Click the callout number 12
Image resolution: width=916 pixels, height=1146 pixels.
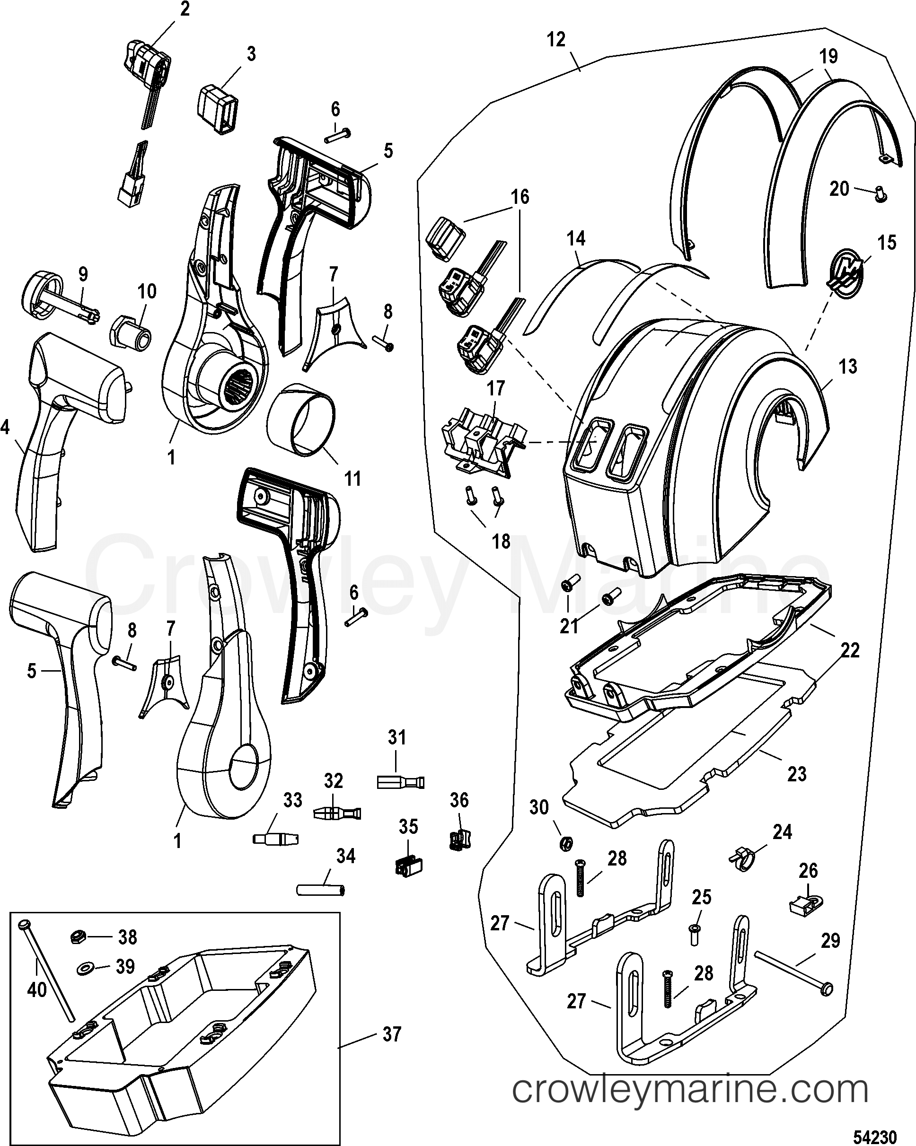[x=556, y=39]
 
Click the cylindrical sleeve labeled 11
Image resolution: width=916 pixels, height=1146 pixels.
[x=301, y=420]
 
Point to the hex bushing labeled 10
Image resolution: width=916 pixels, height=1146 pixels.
[x=130, y=335]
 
